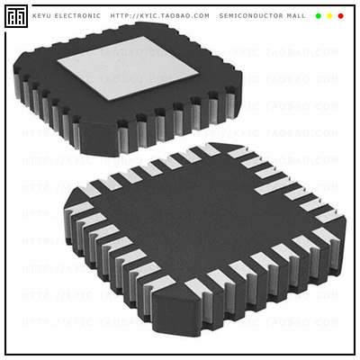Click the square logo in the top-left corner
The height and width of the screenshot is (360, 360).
tap(16, 16)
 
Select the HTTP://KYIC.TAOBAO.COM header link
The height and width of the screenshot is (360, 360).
tap(159, 16)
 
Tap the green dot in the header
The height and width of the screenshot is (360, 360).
tap(318, 16)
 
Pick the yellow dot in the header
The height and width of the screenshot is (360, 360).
tap(329, 16)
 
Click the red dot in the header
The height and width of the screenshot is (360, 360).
tap(340, 16)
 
